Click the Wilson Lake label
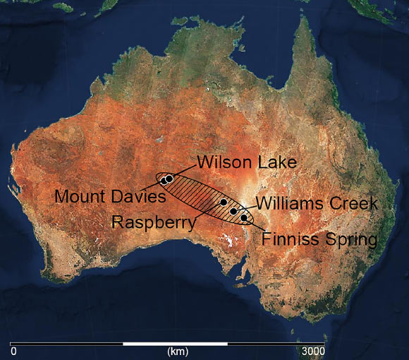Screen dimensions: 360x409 coord(247,162)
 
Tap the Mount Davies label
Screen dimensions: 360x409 coord(110,196)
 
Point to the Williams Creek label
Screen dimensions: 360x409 coord(317,204)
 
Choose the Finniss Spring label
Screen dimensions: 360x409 coord(319,239)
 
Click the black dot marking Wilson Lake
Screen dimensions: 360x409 coord(169,179)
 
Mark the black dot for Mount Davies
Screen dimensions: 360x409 coord(164,181)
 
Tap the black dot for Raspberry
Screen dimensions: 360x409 coord(224,203)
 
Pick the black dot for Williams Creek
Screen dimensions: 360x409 coord(233,211)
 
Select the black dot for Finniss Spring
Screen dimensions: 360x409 coord(244,218)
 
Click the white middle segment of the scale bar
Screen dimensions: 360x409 coord(175,344)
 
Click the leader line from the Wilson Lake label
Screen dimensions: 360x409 coord(185,170)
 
